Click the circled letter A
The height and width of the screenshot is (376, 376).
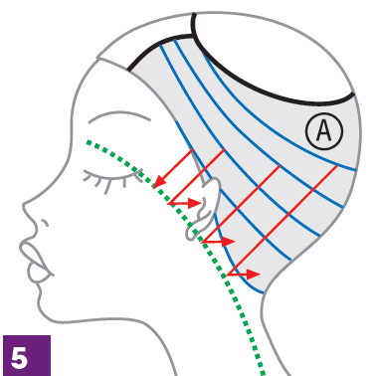point(324,131)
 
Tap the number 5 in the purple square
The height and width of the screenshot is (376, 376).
point(19,358)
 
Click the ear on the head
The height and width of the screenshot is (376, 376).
point(204,208)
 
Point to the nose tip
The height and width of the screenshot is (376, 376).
point(24,206)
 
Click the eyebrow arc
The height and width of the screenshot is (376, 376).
point(118,115)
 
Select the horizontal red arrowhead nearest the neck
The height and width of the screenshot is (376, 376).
point(254,275)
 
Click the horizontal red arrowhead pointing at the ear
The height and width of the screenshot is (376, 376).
point(195,203)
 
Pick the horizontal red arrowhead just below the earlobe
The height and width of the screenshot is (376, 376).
point(228,242)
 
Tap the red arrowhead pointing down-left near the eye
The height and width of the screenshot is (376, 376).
point(160,182)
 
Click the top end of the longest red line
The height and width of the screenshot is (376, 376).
point(337,166)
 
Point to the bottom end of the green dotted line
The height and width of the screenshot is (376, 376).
point(263,373)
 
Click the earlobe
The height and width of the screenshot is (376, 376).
point(192,232)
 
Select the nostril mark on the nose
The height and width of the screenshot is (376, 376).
point(45,223)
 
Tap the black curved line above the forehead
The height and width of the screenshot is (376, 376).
point(156,44)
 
